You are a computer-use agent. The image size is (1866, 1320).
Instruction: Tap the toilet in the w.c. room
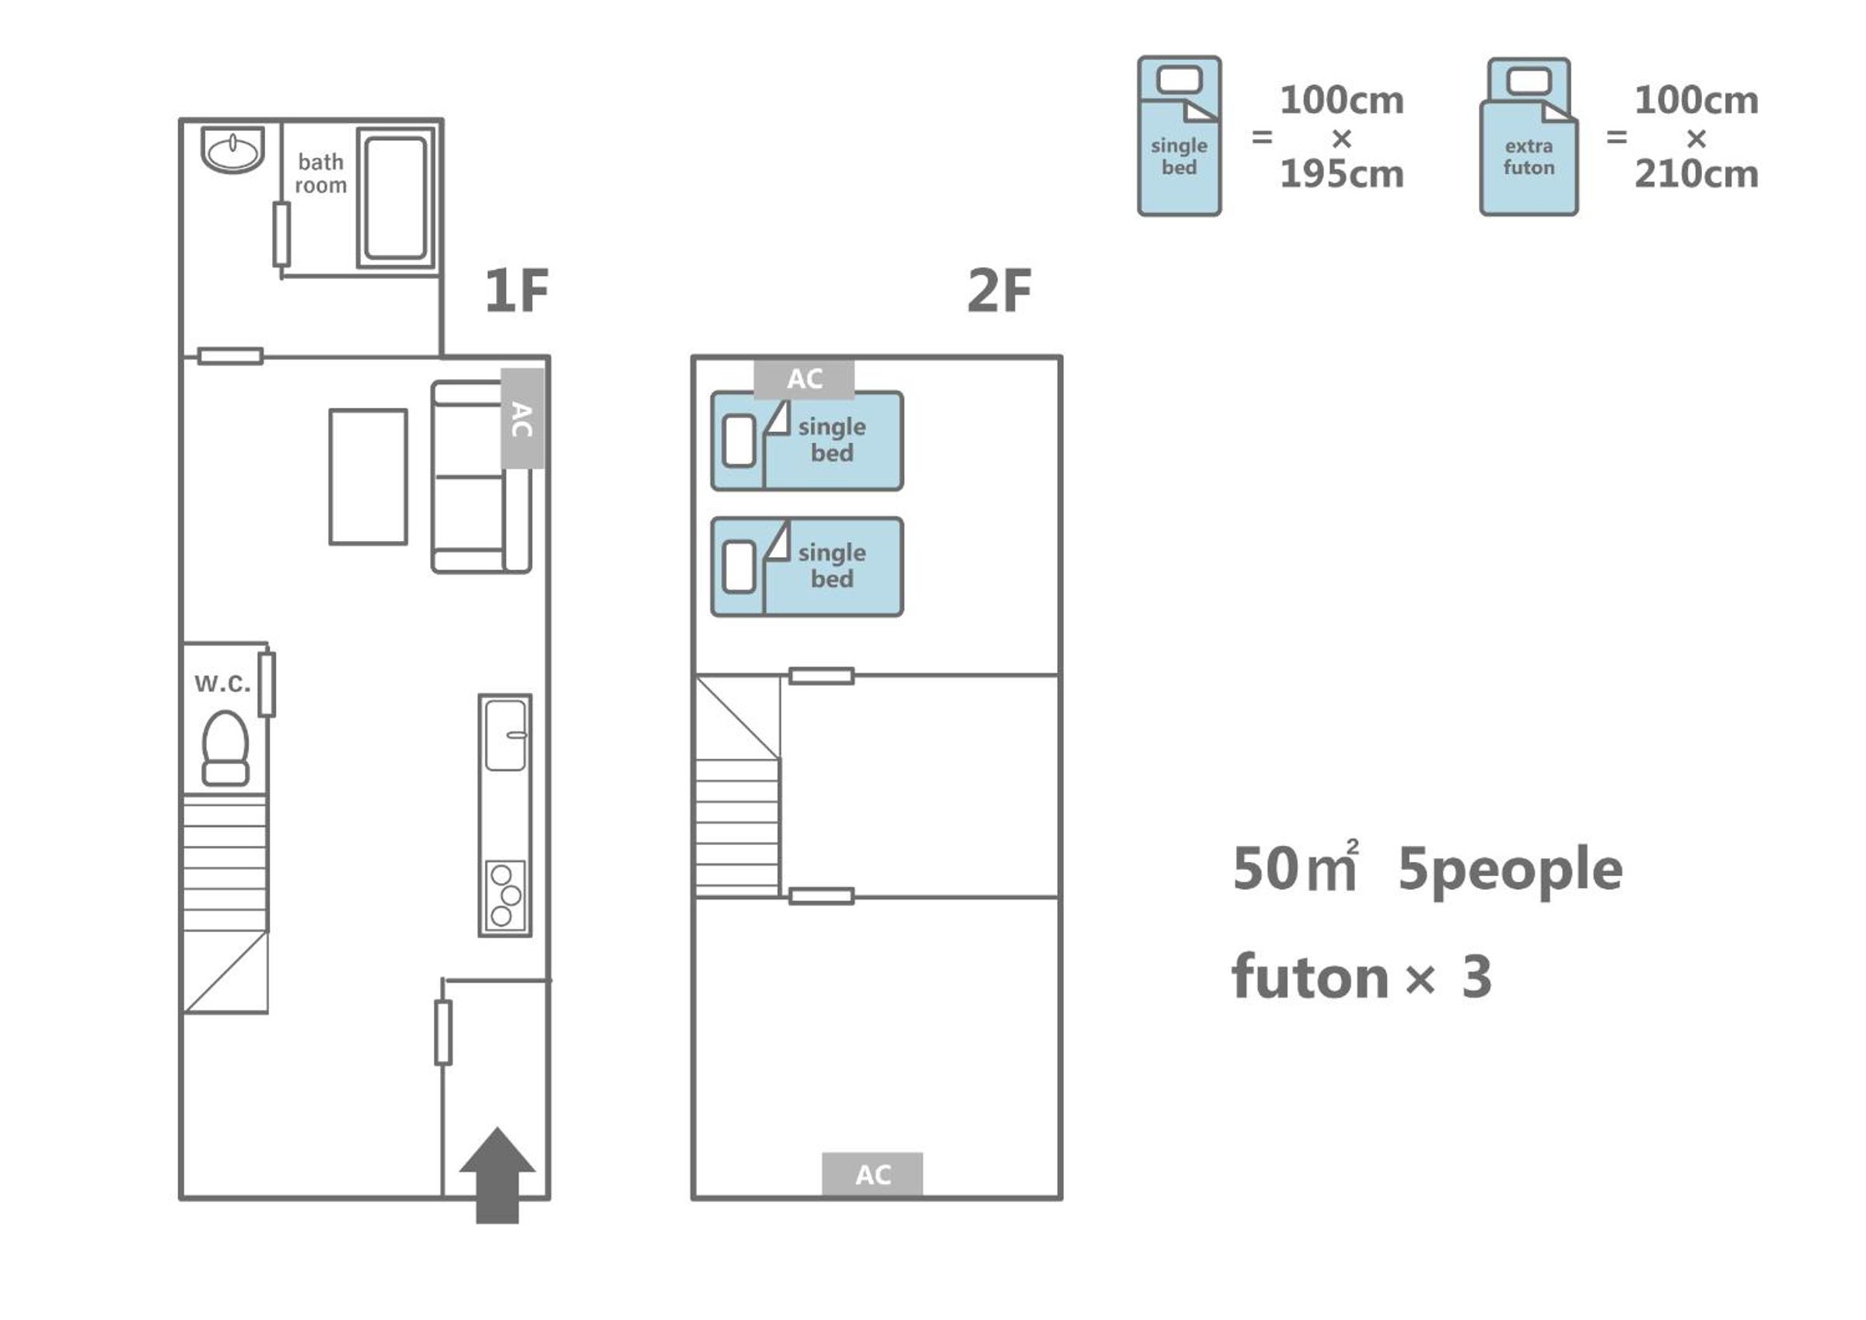pyautogui.click(x=225, y=748)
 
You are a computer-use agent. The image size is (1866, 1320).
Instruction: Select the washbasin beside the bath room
pyautogui.click(x=232, y=149)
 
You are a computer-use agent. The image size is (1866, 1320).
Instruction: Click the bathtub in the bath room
pyautogui.click(x=396, y=197)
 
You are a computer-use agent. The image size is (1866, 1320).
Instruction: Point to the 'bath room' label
pyautogui.click(x=320, y=173)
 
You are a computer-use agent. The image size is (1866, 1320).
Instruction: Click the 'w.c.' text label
pyautogui.click(x=222, y=683)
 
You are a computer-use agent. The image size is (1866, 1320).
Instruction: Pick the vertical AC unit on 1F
pyautogui.click(x=522, y=417)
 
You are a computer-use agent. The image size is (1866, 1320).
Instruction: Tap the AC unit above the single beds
pyautogui.click(x=804, y=379)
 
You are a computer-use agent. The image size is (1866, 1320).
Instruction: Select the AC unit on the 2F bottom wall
pyautogui.click(x=872, y=1175)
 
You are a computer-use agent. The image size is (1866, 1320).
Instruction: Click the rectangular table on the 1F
pyautogui.click(x=369, y=477)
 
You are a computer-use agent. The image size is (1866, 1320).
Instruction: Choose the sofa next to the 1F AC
pyautogui.click(x=480, y=477)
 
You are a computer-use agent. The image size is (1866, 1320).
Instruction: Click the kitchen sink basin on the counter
pyautogui.click(x=505, y=735)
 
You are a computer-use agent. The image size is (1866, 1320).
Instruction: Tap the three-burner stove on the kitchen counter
pyautogui.click(x=505, y=896)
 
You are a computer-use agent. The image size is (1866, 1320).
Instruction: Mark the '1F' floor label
pyautogui.click(x=517, y=290)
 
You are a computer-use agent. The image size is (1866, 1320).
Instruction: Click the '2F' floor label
pyautogui.click(x=999, y=290)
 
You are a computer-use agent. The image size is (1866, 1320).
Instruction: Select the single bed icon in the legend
pyautogui.click(x=1179, y=136)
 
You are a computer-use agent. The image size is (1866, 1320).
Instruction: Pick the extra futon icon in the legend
pyautogui.click(x=1529, y=136)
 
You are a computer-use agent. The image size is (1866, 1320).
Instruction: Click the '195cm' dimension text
pyautogui.click(x=1342, y=174)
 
